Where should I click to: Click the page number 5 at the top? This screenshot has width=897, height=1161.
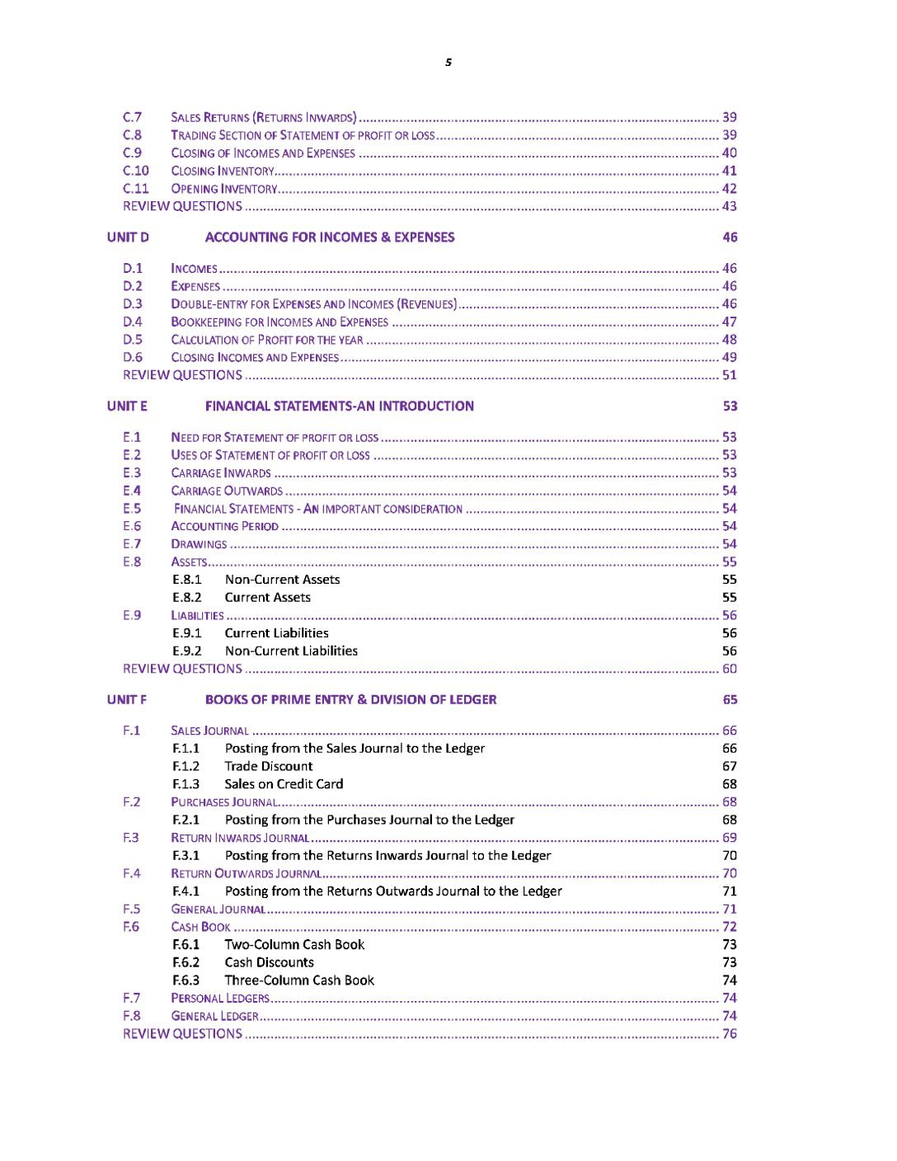[x=448, y=63]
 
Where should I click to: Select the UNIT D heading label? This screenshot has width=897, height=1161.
[x=128, y=237]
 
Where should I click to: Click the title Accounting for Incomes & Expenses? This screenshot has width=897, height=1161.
[x=330, y=237]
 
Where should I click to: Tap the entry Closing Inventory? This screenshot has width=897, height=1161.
[x=223, y=172]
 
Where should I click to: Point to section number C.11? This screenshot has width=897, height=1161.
[x=136, y=189]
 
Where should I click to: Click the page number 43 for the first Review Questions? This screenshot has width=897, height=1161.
[x=730, y=207]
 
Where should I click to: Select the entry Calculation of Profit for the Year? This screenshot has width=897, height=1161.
[x=267, y=340]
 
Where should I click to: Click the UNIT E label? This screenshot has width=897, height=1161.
[x=127, y=407]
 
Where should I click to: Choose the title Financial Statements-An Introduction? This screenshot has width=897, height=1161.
[x=340, y=407]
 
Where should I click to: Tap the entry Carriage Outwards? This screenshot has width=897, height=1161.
[x=227, y=491]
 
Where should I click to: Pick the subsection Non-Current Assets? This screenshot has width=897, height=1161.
[x=282, y=580]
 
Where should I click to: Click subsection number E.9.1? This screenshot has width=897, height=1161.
[x=187, y=633]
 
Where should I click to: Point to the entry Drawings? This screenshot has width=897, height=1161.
[x=199, y=544]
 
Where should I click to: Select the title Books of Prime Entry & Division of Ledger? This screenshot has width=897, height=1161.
[x=351, y=700]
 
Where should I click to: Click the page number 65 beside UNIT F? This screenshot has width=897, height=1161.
[x=730, y=700]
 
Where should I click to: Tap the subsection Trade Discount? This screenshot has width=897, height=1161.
[x=269, y=767]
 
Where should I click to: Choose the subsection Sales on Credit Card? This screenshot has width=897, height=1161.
[x=284, y=784]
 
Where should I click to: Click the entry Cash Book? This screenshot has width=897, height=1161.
[x=200, y=927]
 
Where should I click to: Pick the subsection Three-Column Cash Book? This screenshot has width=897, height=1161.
[x=299, y=980]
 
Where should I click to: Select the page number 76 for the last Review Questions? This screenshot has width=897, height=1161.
[x=730, y=1034]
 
